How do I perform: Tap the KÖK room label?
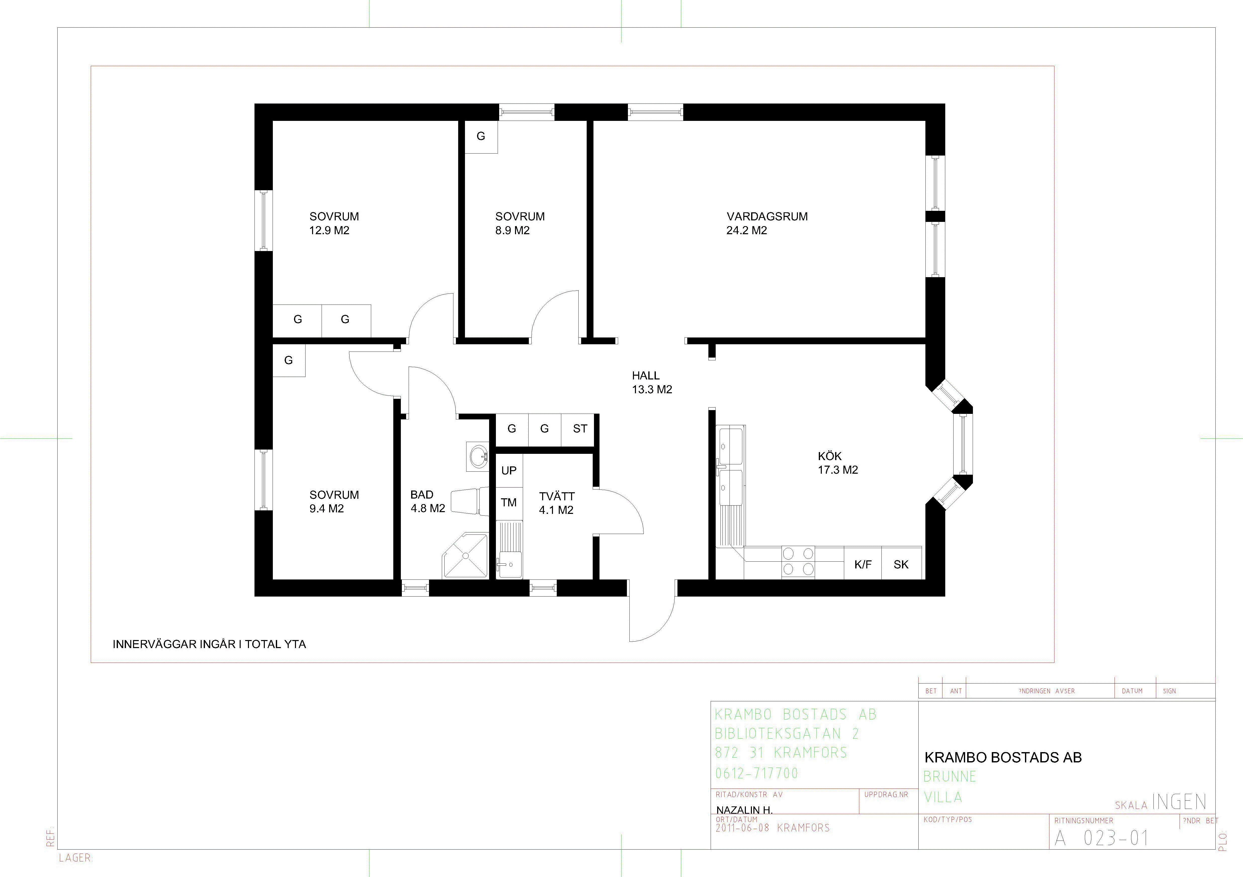pos(829,456)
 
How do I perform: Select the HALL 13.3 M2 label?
pos(652,382)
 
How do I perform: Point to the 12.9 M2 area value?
pos(329,230)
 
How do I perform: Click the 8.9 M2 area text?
pos(512,230)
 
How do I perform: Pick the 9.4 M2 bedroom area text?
pos(326,509)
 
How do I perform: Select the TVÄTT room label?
pos(556,496)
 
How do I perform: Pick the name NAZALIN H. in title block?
pos(744,810)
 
